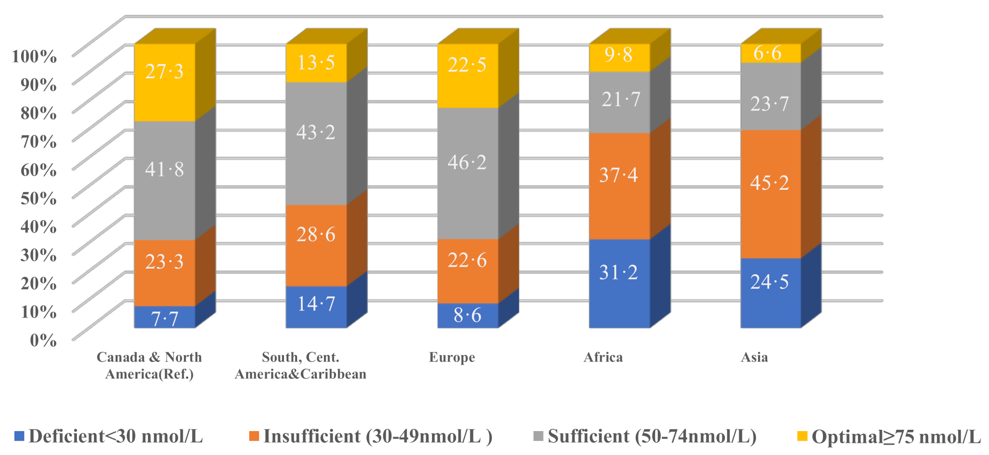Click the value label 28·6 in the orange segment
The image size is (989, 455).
click(x=316, y=234)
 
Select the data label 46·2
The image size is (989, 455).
click(x=467, y=162)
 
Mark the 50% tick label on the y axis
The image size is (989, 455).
click(x=39, y=198)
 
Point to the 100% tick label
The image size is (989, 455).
click(x=34, y=56)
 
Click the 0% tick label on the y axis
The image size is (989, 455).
click(x=43, y=340)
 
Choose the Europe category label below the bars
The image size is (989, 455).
click(x=452, y=357)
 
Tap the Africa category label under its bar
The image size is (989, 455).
click(x=603, y=357)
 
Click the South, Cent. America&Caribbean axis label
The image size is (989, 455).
click(x=301, y=365)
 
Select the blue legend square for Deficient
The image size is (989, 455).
click(x=19, y=436)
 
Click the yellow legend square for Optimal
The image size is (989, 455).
click(x=802, y=436)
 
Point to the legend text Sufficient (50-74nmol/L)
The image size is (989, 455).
click(x=652, y=436)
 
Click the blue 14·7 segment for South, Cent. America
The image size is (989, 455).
click(x=316, y=307)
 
